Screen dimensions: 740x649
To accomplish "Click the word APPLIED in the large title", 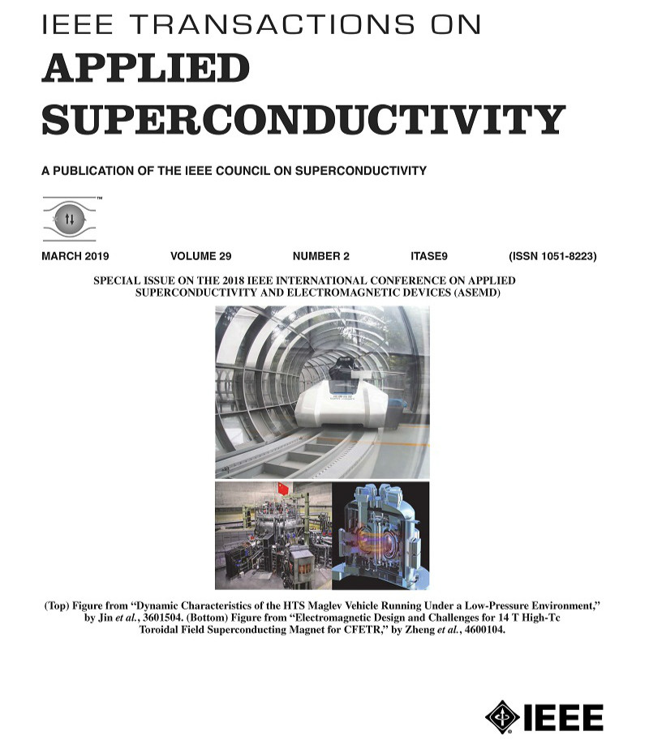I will [145, 69].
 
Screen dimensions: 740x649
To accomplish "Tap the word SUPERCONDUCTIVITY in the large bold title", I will [302, 119].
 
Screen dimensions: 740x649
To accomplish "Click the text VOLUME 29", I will [206, 256].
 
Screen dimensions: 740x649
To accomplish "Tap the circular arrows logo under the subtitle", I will [69, 218].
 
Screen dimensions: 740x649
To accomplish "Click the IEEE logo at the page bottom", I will [544, 716].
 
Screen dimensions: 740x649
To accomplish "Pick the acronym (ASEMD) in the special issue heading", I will [471, 293].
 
